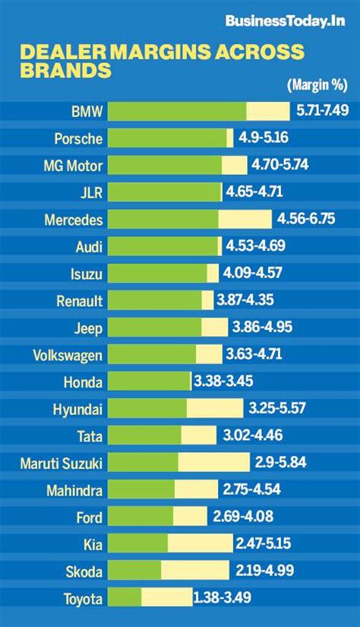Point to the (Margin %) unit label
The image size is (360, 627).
317,84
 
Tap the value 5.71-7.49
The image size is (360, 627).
322,111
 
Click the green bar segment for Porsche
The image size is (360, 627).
167,138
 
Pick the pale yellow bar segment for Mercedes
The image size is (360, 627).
245,219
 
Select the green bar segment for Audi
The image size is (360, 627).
163,246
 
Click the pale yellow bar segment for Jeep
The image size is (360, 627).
214,328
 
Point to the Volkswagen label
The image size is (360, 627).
68,355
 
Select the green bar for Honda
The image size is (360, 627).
149,382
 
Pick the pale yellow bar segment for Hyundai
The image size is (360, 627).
215,409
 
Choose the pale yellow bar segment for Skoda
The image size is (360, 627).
194,571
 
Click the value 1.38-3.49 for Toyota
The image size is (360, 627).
222,598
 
